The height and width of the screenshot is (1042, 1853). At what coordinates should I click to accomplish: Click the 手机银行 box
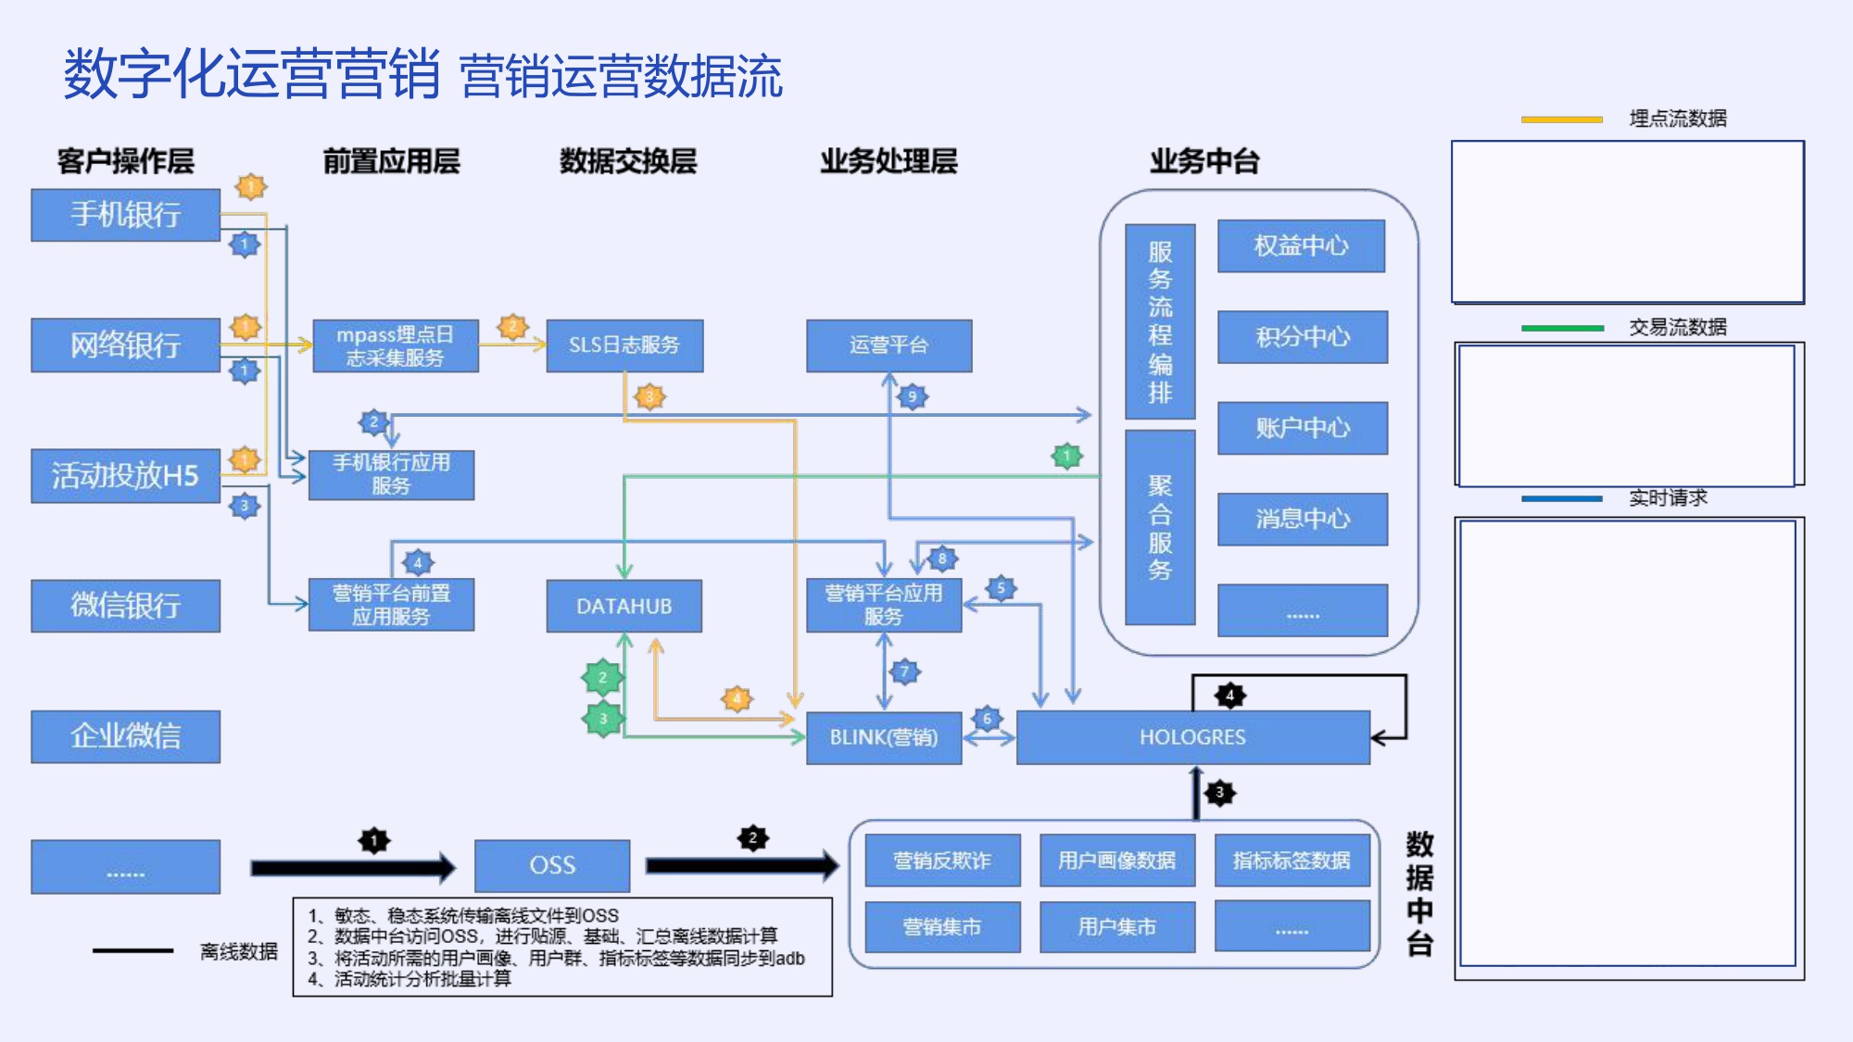(x=125, y=215)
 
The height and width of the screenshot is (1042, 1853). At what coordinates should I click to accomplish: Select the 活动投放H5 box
(x=125, y=476)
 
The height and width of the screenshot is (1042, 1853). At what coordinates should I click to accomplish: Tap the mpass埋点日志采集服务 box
(x=396, y=345)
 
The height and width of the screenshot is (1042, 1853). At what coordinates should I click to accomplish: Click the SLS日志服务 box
(x=624, y=345)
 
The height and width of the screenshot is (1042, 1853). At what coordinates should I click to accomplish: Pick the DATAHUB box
(x=624, y=606)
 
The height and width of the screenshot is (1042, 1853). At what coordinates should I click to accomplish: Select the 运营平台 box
(x=889, y=345)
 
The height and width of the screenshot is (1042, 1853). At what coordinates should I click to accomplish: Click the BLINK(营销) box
(x=883, y=737)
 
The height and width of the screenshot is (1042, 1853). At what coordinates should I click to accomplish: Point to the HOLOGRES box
(x=1192, y=737)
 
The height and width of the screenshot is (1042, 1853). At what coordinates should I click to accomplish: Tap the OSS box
(x=552, y=865)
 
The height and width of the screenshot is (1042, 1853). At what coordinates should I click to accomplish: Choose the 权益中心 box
(x=1301, y=245)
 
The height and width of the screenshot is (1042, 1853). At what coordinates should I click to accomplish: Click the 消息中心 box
(x=1302, y=519)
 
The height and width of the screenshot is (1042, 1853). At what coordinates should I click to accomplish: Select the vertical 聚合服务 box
(x=1160, y=527)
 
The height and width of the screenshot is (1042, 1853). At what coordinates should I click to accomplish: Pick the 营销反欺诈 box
(x=942, y=860)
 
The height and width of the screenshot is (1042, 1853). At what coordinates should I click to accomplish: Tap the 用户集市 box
(x=1116, y=926)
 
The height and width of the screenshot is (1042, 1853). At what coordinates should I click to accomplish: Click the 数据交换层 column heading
(x=627, y=161)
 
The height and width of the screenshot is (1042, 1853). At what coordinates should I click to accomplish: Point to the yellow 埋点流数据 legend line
(x=1561, y=119)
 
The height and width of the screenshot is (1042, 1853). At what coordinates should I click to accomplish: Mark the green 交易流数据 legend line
(x=1561, y=328)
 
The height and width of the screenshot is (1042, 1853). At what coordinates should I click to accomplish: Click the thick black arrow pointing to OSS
(x=352, y=868)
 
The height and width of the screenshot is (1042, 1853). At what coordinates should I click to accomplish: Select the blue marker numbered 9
(x=912, y=397)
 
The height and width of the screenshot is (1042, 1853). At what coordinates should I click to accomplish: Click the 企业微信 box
(x=125, y=736)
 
